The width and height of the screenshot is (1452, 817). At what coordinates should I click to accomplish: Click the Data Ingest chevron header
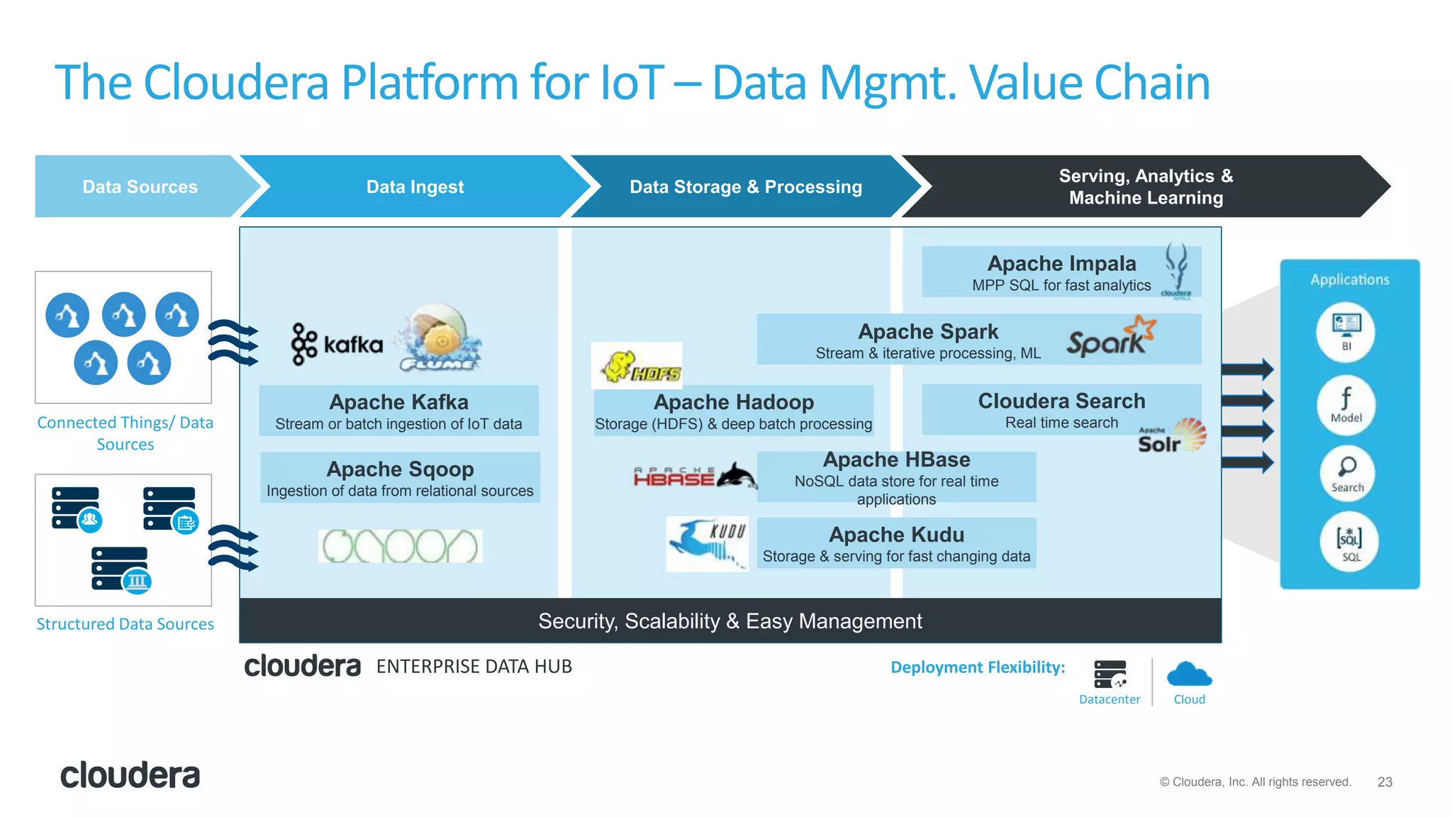415,187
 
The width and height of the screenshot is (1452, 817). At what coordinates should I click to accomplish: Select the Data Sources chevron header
140,187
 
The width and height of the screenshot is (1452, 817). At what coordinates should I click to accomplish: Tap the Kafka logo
337,345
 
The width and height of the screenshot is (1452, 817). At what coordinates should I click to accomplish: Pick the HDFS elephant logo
637,367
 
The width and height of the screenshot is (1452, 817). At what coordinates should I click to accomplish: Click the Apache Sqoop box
400,478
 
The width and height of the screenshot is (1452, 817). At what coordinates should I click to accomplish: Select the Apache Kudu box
896,543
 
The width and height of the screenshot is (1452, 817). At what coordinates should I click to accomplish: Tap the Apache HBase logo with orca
695,476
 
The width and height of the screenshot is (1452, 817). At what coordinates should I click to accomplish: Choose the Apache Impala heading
1061,263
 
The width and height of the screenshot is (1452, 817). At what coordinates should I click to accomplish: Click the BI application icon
1345,331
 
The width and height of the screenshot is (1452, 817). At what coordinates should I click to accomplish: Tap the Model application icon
1346,404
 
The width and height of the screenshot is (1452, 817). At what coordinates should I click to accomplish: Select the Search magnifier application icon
1346,473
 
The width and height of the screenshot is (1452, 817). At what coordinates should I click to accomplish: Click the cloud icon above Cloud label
1189,674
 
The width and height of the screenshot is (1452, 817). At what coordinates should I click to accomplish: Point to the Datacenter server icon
1110,674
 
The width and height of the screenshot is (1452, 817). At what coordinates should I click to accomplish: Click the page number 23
1384,782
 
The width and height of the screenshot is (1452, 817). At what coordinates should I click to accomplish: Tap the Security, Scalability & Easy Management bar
730,621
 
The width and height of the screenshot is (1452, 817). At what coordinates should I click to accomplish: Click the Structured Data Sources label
125,624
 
